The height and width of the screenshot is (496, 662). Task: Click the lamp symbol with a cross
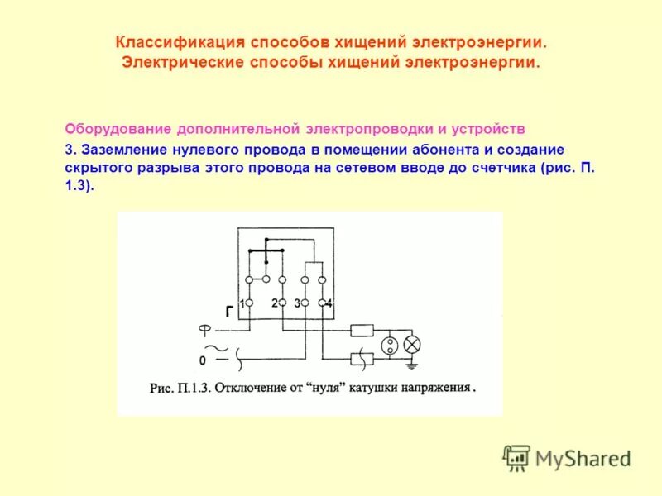point(411,344)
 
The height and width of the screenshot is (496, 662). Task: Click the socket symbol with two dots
point(389,344)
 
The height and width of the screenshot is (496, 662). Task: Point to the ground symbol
point(411,364)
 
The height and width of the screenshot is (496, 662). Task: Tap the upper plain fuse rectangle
point(362,331)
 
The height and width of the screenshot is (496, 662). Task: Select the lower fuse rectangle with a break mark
point(362,358)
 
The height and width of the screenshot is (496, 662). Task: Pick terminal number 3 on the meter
point(305,304)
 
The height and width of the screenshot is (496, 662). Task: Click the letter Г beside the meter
point(228,312)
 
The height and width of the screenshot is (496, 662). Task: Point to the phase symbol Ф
point(204,329)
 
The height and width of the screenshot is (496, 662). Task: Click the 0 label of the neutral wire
point(202,361)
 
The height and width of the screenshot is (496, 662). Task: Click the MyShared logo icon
point(517,457)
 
